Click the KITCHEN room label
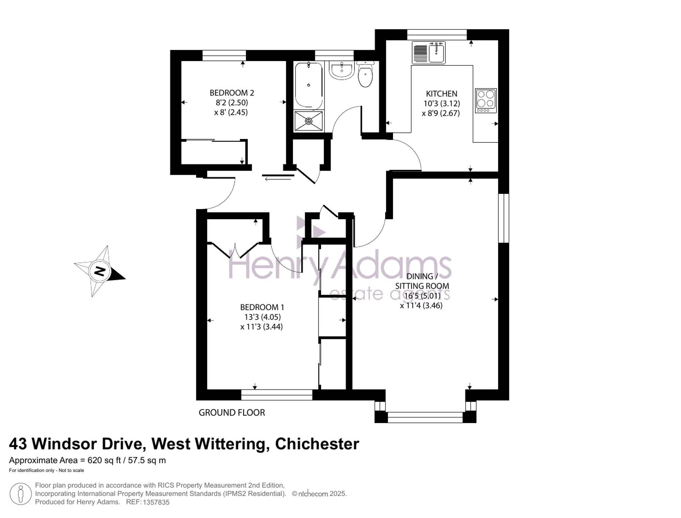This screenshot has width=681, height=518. click(x=441, y=94)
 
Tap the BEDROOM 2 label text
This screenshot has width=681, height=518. click(x=232, y=93)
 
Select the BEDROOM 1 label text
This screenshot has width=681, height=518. click(x=262, y=307)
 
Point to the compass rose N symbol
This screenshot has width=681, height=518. click(x=99, y=271)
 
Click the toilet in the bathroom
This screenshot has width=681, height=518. click(x=365, y=74)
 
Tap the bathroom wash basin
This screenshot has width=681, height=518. click(x=342, y=70)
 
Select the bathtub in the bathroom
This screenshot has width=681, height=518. click(x=309, y=85)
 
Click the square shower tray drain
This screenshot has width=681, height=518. click(x=309, y=121)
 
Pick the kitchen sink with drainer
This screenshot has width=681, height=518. click(x=428, y=52)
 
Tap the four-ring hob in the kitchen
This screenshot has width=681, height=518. click(x=486, y=100)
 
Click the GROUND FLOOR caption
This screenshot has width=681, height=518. click(x=232, y=413)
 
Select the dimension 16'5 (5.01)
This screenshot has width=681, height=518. click(x=422, y=296)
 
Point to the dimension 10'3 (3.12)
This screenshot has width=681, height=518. click(x=442, y=103)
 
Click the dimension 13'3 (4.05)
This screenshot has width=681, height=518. click(x=263, y=317)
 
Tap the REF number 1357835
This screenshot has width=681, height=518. click(x=156, y=502)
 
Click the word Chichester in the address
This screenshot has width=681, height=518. click(x=317, y=444)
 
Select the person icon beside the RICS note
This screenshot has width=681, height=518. click(x=21, y=494)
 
